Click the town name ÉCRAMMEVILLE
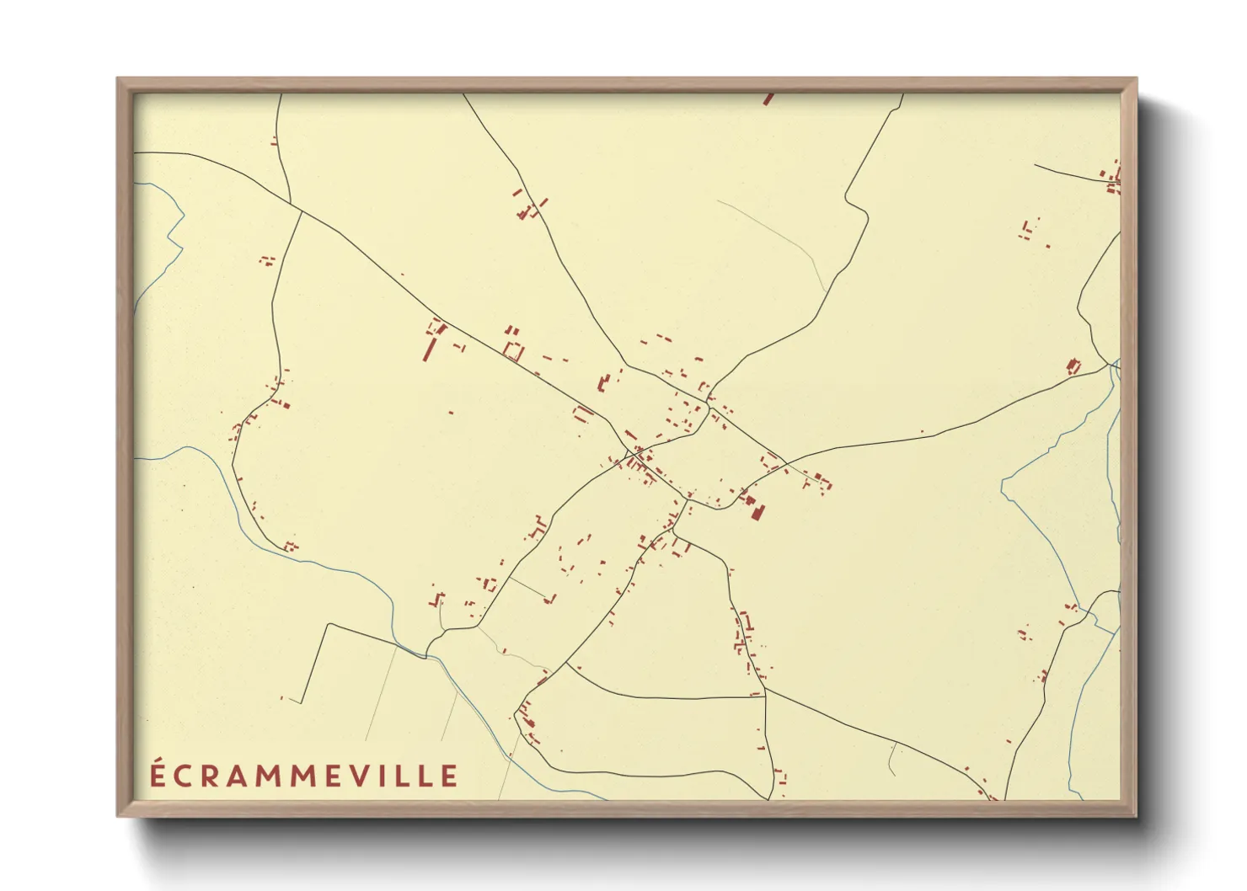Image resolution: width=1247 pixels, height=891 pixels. pyautogui.click(x=304, y=776)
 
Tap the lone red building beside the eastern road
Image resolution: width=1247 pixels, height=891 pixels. pyautogui.click(x=1073, y=366)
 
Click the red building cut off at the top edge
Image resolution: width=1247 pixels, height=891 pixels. pyautogui.click(x=768, y=99)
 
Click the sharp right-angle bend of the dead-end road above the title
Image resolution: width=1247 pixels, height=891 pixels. pyautogui.click(x=329, y=624)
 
